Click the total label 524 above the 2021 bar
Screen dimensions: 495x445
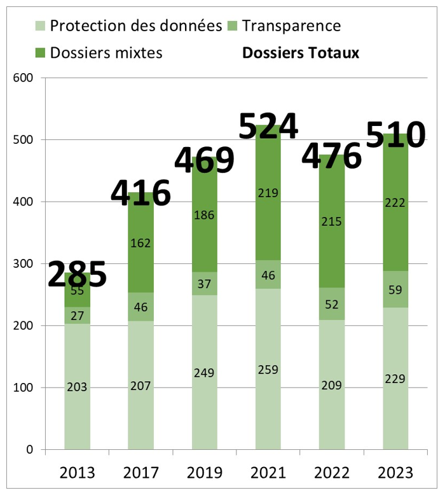pos(268,126)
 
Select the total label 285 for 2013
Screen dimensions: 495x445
pos(77,274)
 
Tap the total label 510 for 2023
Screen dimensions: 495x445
pos(395,136)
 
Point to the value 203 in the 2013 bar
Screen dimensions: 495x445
pos(77,386)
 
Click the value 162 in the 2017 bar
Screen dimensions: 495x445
pos(140,242)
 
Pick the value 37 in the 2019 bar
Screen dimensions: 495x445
pos(204,284)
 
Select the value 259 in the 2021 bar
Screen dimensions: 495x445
pos(268,369)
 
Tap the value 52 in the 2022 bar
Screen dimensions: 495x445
pos(331,305)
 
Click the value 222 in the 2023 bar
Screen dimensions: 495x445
pos(395,202)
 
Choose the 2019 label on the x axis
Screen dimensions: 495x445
pos(204,473)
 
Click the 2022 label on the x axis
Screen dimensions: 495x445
pos(331,473)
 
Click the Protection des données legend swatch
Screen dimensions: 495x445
pos(39,26)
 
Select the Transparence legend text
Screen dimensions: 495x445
pos(291,26)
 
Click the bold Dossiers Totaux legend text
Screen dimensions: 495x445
pos(301,53)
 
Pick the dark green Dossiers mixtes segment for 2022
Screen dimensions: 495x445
pos(331,191)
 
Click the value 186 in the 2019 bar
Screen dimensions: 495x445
pos(204,214)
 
